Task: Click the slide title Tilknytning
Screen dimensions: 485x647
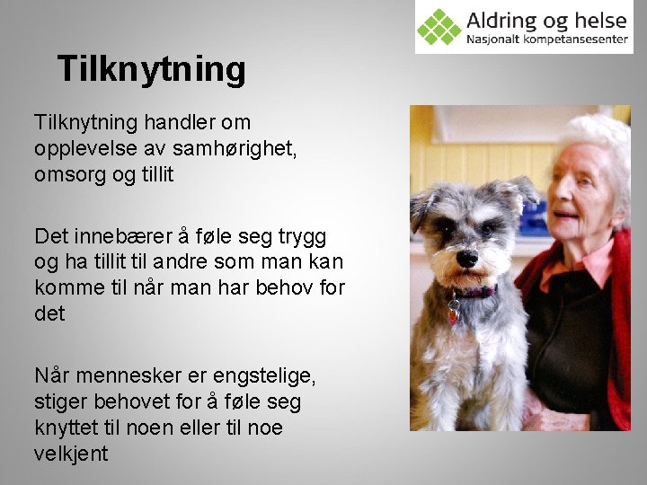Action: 150,69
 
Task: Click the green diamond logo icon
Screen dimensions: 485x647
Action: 439,27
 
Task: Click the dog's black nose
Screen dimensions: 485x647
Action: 467,259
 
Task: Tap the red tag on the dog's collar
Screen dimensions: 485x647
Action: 454,313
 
